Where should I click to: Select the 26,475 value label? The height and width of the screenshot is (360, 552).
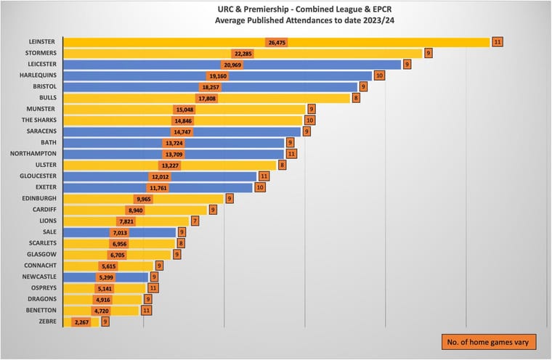pos(276,42)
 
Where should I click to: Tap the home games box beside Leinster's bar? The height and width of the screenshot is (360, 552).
pos(497,42)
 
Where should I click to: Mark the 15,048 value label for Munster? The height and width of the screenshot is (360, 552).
pos(184,109)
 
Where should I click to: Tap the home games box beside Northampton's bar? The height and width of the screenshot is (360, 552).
pos(291,154)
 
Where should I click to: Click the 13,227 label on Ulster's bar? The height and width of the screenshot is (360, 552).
pos(169,165)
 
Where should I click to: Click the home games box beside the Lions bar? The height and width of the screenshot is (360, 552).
pos(195,220)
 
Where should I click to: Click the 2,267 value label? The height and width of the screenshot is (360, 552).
pos(81,321)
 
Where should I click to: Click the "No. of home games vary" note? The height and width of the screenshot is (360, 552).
pos(489,341)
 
